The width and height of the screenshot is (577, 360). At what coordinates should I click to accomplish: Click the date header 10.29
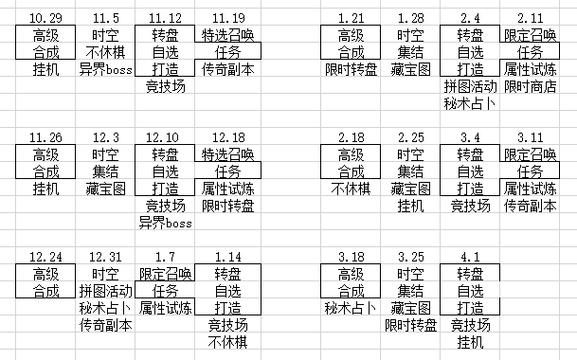tap(45, 18)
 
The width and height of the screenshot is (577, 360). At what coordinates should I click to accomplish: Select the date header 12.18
tap(228, 137)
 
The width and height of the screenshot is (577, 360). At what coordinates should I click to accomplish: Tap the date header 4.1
tap(470, 257)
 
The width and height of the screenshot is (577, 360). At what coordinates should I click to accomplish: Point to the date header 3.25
tap(410, 257)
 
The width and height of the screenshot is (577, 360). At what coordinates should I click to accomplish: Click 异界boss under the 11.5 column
tap(105, 69)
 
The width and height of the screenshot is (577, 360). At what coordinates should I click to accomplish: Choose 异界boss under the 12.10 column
tap(165, 223)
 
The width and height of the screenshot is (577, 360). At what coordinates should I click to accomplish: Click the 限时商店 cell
tap(530, 86)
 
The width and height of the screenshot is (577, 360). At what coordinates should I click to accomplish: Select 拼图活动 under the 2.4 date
tap(470, 86)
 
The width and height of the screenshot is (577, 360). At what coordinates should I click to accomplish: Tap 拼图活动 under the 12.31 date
tap(105, 291)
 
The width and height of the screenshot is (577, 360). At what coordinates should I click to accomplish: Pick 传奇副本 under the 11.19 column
tap(228, 69)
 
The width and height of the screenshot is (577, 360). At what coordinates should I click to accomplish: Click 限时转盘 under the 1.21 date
tap(352, 69)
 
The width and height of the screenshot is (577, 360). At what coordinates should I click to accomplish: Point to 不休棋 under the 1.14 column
tap(227, 342)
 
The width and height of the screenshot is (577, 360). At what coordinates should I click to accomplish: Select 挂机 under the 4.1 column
tap(470, 342)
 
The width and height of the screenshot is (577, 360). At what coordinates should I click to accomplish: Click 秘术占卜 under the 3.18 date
tap(351, 309)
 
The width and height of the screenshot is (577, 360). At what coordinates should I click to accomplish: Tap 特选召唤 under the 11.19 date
tap(228, 35)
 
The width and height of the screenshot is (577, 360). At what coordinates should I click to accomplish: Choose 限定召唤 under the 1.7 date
tap(165, 274)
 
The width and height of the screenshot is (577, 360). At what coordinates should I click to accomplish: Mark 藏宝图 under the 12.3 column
tap(105, 189)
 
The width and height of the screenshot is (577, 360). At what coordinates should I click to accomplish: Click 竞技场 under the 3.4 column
tap(470, 206)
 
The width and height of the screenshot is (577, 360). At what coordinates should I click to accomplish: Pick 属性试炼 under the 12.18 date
tap(228, 189)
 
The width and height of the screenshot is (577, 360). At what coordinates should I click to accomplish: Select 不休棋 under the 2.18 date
tap(351, 189)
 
